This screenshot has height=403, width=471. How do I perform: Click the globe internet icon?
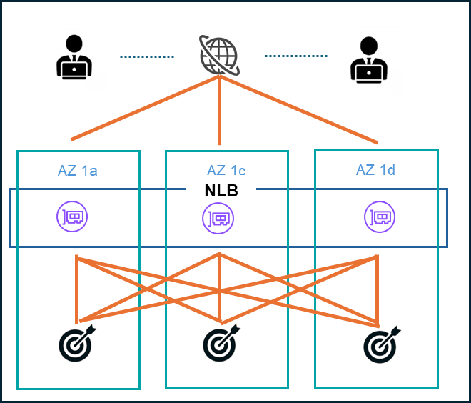click(219, 55)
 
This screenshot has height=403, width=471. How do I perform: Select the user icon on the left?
click(74, 56)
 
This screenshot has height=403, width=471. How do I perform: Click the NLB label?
click(221, 191)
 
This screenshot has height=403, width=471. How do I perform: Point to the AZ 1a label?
click(78, 170)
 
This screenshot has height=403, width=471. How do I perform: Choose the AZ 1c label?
click(226, 170)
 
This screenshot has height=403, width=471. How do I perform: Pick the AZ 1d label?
click(375, 170)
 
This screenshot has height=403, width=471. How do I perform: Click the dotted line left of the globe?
click(146, 56)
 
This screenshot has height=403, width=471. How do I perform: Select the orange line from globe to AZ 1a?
click(145, 108)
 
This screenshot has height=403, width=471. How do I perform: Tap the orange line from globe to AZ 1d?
click(298, 109)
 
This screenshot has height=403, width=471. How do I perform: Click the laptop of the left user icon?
click(74, 68)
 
